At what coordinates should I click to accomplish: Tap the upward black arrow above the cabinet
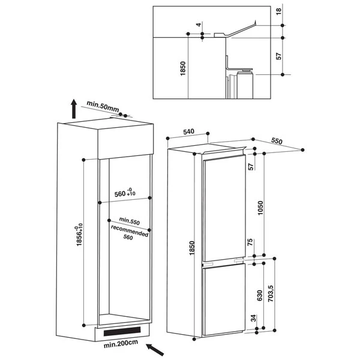click(x=73, y=108)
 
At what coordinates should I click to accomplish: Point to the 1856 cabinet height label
click(x=74, y=238)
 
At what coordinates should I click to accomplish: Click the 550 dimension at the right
click(x=277, y=142)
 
